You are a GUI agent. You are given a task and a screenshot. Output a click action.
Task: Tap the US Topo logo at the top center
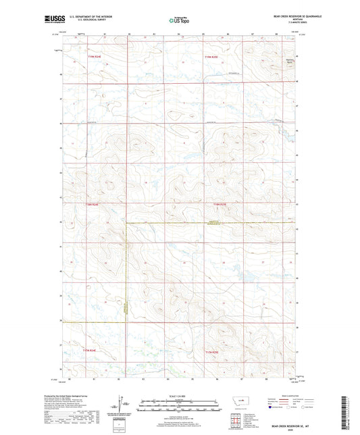(x=180, y=20)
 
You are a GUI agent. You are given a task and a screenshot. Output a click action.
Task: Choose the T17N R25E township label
(x=213, y=350)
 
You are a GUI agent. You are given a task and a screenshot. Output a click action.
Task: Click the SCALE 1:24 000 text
(x=180, y=395)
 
